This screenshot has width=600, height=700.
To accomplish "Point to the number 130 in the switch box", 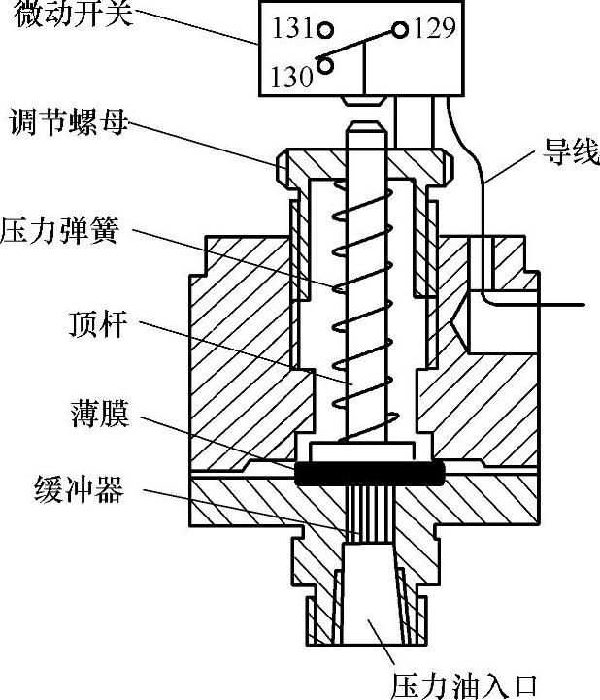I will pyautogui.click(x=292, y=76).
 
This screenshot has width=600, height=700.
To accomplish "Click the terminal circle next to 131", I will pyautogui.click(x=326, y=30).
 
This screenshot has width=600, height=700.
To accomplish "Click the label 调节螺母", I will pyautogui.click(x=68, y=124).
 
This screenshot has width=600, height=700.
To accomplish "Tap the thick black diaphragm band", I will pyautogui.click(x=369, y=474).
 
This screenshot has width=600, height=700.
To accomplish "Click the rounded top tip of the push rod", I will pyautogui.click(x=368, y=126).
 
